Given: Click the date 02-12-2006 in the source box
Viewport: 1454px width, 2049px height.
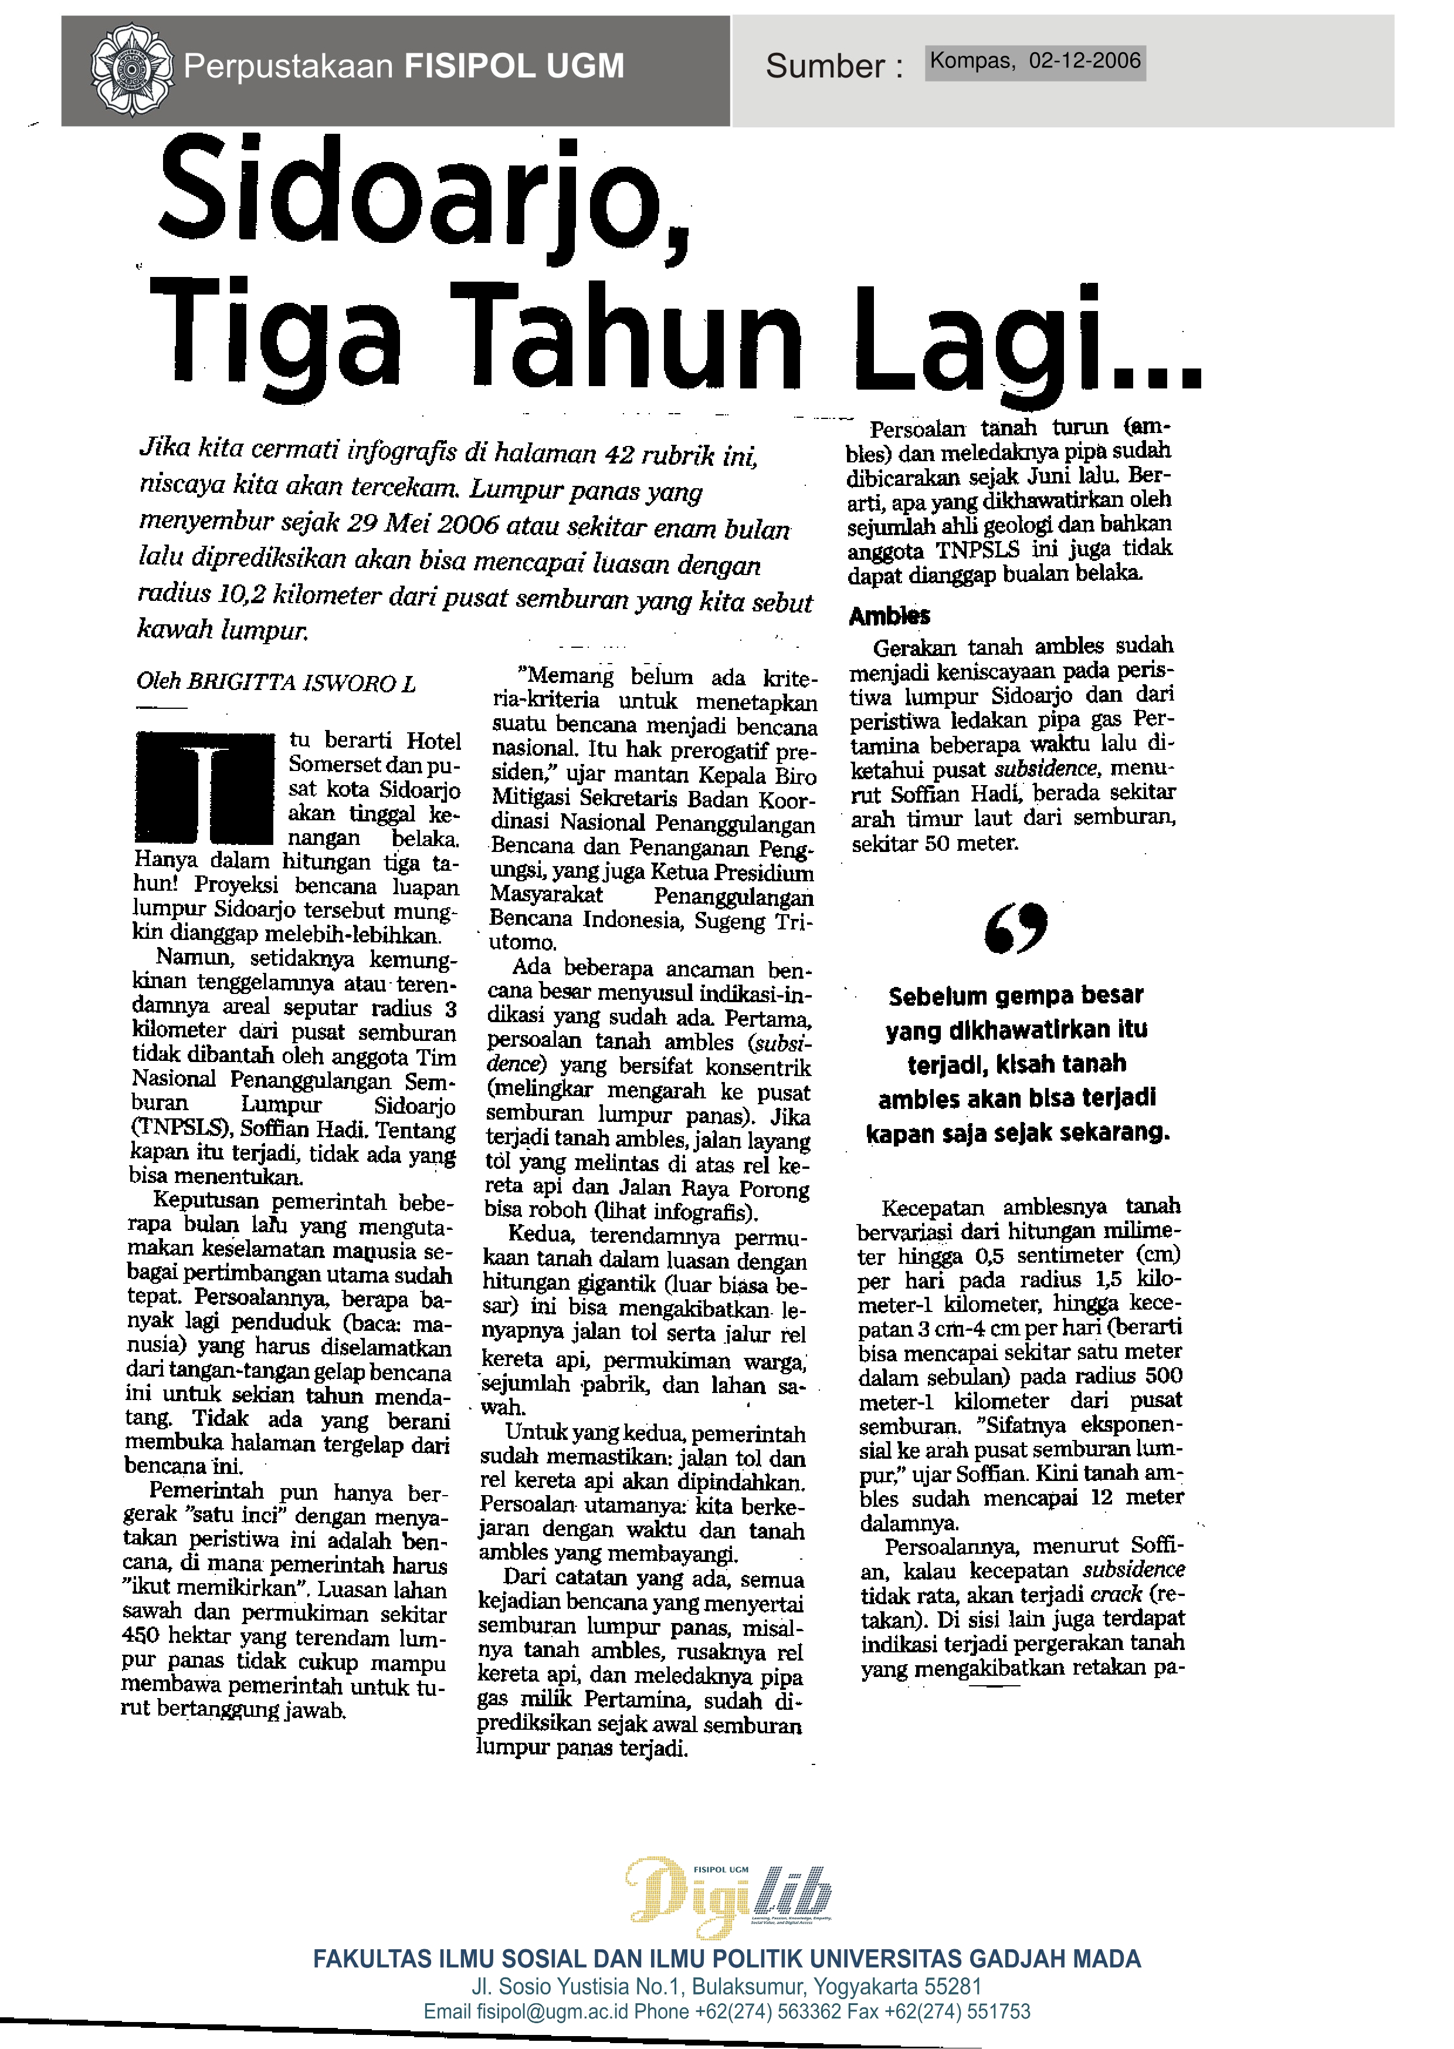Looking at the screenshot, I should click(x=1084, y=61).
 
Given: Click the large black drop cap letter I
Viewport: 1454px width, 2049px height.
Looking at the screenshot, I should click(x=206, y=788).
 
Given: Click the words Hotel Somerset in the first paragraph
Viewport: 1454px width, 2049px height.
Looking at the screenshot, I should click(x=374, y=753).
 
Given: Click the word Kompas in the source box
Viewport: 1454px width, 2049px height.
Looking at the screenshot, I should click(x=971, y=61).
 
